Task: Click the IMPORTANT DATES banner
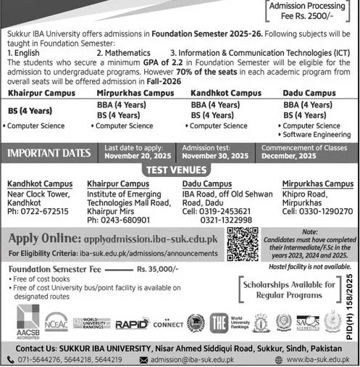[x=48, y=152]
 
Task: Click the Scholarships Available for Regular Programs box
[x=296, y=290]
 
